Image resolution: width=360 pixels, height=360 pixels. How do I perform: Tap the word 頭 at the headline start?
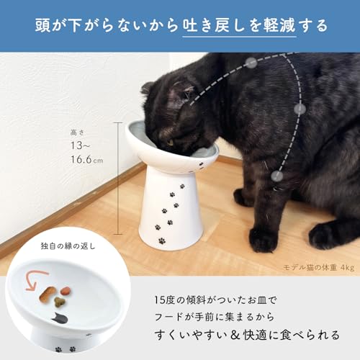(42, 25)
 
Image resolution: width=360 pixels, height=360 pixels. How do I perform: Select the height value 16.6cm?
(87, 159)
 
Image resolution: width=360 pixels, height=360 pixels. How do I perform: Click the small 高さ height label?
(77, 132)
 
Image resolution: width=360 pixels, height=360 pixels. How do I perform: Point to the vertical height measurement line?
(118, 179)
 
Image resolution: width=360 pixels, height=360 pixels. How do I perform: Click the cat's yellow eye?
(170, 143)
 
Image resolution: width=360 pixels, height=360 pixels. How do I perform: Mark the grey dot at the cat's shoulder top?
(251, 63)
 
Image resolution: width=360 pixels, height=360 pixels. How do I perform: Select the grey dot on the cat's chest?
(300, 109)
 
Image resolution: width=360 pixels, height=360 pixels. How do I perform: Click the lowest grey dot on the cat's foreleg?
(276, 176)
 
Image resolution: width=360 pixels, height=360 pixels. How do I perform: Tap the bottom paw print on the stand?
(162, 240)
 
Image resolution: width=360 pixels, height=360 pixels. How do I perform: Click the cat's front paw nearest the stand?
(264, 239)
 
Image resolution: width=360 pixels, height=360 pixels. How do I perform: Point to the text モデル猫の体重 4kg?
(319, 268)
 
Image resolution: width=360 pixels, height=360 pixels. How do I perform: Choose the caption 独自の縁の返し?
(68, 246)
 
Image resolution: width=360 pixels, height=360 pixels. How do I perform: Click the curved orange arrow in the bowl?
(36, 280)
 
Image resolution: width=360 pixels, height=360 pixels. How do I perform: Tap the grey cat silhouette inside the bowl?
(60, 318)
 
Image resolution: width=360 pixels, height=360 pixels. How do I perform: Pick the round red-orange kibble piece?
(66, 291)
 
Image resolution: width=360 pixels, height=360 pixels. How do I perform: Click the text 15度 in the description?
(164, 300)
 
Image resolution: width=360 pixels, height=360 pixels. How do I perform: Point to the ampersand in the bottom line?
(235, 335)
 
